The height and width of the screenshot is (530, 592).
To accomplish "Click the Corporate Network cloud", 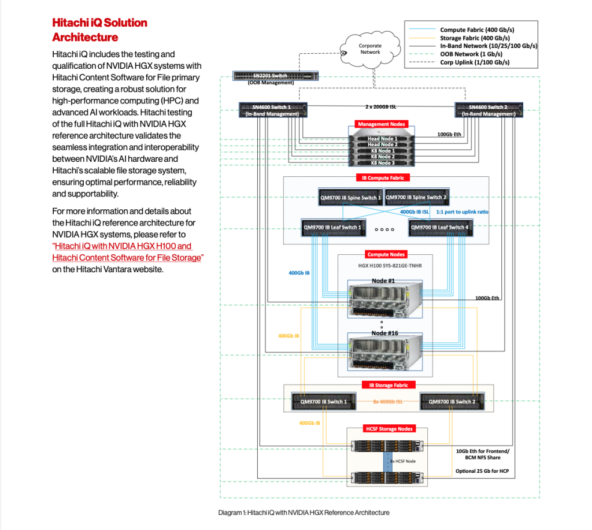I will click(370, 49).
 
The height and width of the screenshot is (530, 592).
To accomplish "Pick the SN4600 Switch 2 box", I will click(489, 110).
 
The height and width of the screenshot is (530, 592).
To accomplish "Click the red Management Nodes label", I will click(382, 124).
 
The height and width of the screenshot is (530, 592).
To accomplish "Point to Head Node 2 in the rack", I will click(382, 144).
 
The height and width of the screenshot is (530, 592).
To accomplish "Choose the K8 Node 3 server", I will click(382, 163).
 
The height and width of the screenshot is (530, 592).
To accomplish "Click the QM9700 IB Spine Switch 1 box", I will click(350, 198).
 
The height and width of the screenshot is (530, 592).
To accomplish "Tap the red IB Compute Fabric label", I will click(387, 178).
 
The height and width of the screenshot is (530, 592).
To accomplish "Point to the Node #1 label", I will click(383, 280).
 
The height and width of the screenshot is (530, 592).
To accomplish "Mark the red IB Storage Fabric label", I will click(388, 385).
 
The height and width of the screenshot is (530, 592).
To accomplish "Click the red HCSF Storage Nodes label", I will click(389, 429).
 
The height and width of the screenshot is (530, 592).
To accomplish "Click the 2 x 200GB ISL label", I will click(380, 107).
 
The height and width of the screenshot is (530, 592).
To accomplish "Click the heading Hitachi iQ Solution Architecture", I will click(99, 30).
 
